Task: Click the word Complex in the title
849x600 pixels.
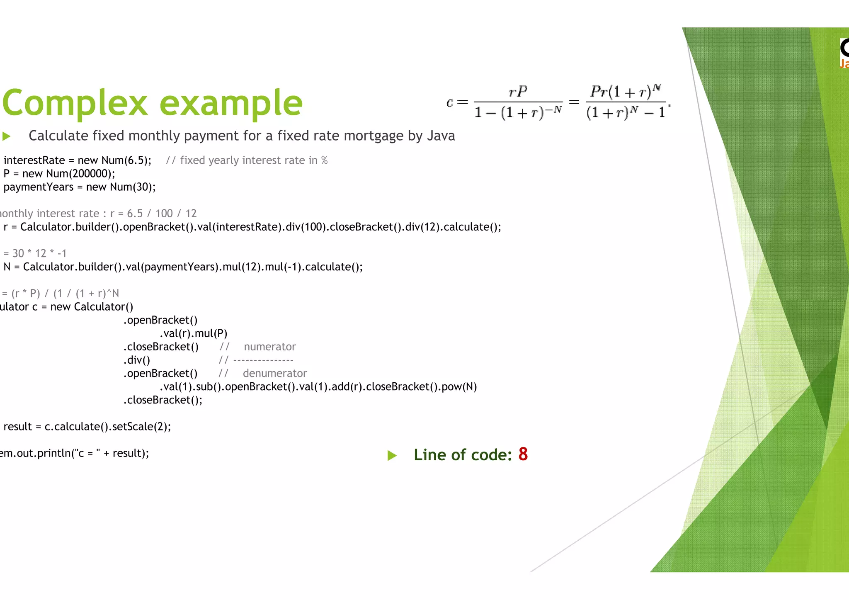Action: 75,103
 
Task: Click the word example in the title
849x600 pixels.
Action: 231,103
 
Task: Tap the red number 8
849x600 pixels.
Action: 523,454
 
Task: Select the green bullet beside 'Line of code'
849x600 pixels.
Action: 392,456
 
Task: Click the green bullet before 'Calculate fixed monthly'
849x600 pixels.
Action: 6,136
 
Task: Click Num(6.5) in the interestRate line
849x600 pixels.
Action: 126,160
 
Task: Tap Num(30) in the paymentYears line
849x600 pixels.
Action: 132,187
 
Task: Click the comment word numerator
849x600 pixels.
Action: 269,347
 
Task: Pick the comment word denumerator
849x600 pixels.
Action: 275,373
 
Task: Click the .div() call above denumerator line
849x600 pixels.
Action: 136,360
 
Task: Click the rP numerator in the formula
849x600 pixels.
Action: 518,91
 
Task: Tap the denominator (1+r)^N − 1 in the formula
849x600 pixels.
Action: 626,112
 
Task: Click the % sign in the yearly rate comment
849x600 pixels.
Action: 324,160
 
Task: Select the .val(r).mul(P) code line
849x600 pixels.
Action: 193,333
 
